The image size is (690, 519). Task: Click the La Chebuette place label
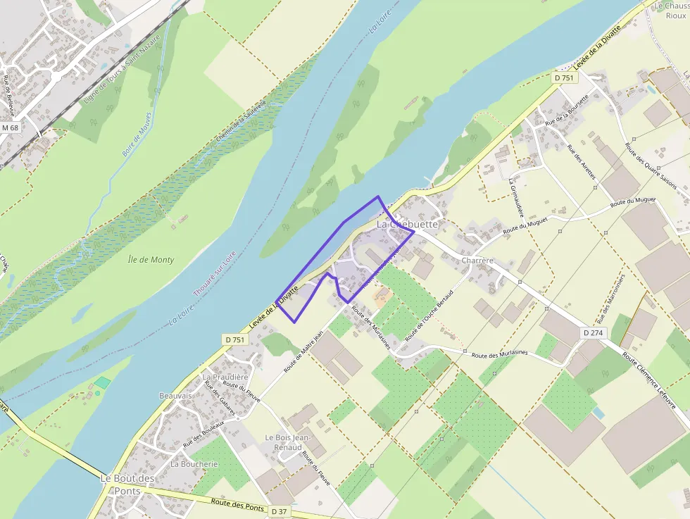point(407,224)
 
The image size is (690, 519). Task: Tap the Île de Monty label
point(151,260)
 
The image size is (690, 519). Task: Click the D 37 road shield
point(280,511)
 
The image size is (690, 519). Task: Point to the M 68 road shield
point(10,128)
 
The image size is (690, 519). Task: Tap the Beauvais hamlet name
point(175,396)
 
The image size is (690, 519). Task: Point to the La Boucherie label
point(194,464)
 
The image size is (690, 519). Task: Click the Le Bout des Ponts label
point(127,484)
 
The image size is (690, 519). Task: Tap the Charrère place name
point(477,261)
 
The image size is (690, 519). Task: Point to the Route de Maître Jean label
point(303,353)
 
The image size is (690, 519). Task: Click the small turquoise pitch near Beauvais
point(103,383)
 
